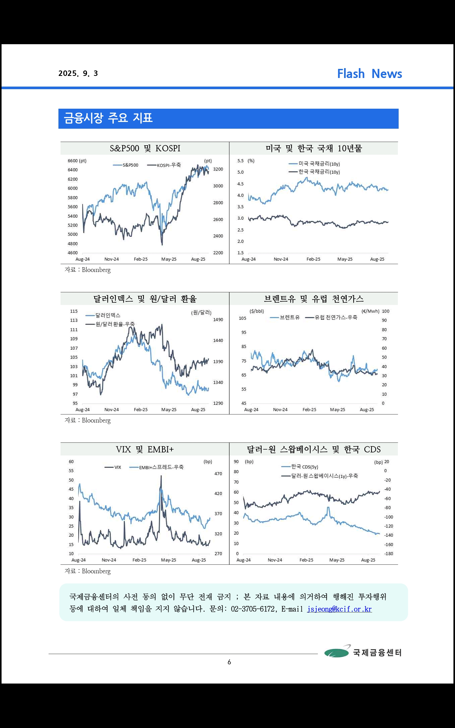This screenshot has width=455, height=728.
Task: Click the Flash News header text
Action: (x=369, y=74)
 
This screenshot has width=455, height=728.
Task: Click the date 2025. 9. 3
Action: (x=78, y=74)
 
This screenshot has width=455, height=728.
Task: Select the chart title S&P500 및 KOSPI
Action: (x=145, y=148)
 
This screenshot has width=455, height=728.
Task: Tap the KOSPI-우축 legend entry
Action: (x=164, y=165)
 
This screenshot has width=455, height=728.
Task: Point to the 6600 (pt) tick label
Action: (x=77, y=161)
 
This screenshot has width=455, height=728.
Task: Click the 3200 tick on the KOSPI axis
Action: (x=218, y=169)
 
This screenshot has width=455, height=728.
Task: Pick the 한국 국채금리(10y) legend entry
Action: (x=314, y=172)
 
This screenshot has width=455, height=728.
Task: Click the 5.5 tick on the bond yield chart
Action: (x=240, y=161)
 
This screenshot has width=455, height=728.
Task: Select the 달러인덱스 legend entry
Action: (x=103, y=315)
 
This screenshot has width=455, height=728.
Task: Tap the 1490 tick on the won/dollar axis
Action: (x=218, y=320)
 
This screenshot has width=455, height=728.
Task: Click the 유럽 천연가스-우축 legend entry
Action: (x=331, y=317)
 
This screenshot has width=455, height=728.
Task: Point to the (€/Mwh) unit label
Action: (x=370, y=311)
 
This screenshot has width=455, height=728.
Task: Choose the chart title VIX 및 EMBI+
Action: (x=145, y=449)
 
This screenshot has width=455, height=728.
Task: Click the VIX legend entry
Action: (x=113, y=467)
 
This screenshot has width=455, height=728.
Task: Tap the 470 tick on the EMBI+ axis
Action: (x=218, y=474)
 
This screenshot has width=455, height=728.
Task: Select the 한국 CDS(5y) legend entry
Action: (x=300, y=467)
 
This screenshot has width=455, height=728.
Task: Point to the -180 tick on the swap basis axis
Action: (x=389, y=554)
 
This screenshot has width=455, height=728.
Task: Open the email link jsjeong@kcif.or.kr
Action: (x=339, y=609)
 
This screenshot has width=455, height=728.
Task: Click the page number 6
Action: (x=229, y=662)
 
